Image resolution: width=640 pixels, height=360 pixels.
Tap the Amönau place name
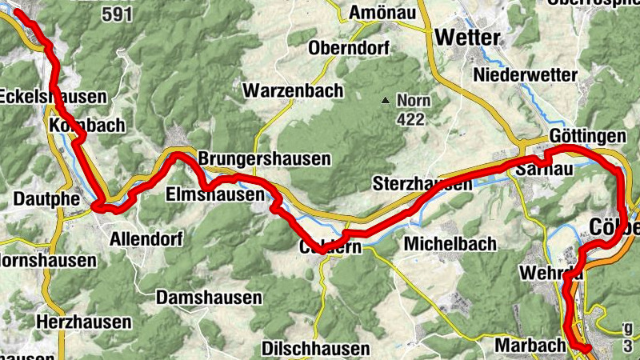click(x=381, y=13)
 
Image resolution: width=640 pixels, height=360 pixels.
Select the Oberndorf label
click(x=349, y=47)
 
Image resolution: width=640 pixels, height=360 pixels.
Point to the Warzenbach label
click(x=294, y=90)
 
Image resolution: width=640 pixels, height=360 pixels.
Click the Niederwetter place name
click(x=526, y=74)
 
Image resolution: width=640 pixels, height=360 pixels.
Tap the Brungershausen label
click(x=264, y=158)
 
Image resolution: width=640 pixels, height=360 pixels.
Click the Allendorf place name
click(x=146, y=238)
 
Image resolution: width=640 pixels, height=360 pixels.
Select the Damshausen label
click(x=210, y=298)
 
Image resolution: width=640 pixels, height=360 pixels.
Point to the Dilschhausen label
click(x=317, y=349)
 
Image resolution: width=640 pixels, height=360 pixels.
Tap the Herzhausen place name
click(x=84, y=322)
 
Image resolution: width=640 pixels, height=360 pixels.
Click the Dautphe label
click(x=39, y=198)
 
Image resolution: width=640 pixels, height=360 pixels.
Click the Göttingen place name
click(x=587, y=135)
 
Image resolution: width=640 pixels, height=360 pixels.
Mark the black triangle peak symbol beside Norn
click(x=386, y=101)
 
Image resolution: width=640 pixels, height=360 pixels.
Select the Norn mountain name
click(x=414, y=102)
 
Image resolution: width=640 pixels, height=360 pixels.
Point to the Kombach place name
click(x=86, y=125)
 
